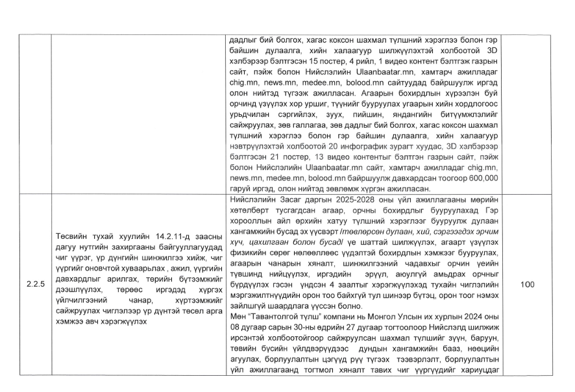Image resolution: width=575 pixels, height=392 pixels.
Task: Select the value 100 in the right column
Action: [x=527, y=284]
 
